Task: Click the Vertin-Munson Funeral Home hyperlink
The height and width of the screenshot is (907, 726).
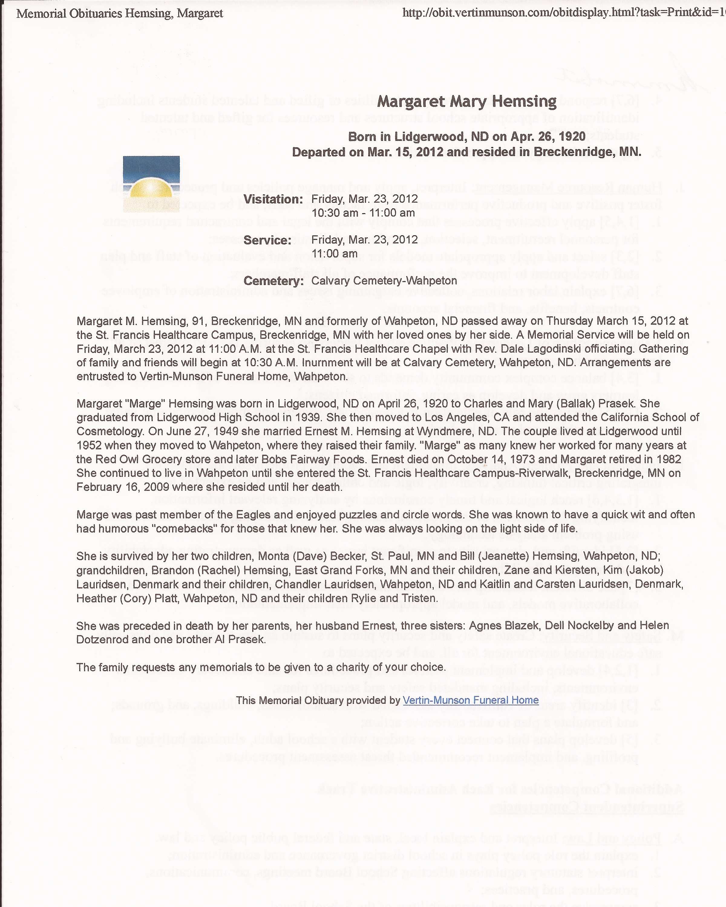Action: click(x=470, y=700)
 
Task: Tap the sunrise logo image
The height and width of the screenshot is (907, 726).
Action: click(x=151, y=184)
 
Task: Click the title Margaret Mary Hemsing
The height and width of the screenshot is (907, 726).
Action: click(x=467, y=101)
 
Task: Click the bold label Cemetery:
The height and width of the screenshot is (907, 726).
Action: click(x=273, y=281)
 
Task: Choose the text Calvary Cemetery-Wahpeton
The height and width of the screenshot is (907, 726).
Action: click(x=384, y=281)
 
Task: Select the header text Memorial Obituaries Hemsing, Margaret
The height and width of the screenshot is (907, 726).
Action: click(x=119, y=14)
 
